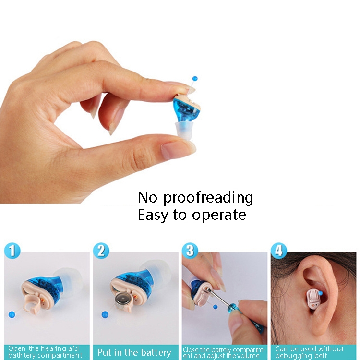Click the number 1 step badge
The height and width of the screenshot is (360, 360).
[12, 251]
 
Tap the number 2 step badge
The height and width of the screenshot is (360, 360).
[101, 251]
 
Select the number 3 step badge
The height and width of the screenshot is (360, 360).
[190, 251]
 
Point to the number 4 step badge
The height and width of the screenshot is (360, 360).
[279, 251]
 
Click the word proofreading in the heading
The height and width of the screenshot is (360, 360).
[208, 198]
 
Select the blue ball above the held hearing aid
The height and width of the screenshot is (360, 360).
[195, 79]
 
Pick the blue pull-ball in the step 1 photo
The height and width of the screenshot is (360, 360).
[12, 314]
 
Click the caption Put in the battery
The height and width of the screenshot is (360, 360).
[134, 352]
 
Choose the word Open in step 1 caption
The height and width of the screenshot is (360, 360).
[16, 349]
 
